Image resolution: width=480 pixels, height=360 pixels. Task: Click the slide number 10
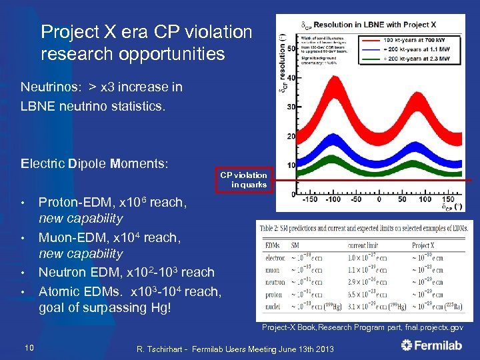(x=29, y=345)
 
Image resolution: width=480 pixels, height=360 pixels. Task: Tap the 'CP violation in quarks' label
(x=248, y=180)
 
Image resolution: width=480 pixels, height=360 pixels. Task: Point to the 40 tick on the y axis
(x=291, y=78)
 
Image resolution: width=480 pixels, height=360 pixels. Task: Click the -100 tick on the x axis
(x=333, y=199)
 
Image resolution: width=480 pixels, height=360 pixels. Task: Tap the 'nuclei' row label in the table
(x=273, y=306)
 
